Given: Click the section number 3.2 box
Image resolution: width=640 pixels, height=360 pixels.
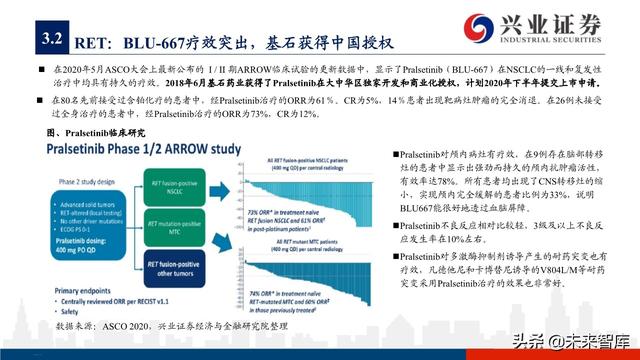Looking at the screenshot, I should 50,40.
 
